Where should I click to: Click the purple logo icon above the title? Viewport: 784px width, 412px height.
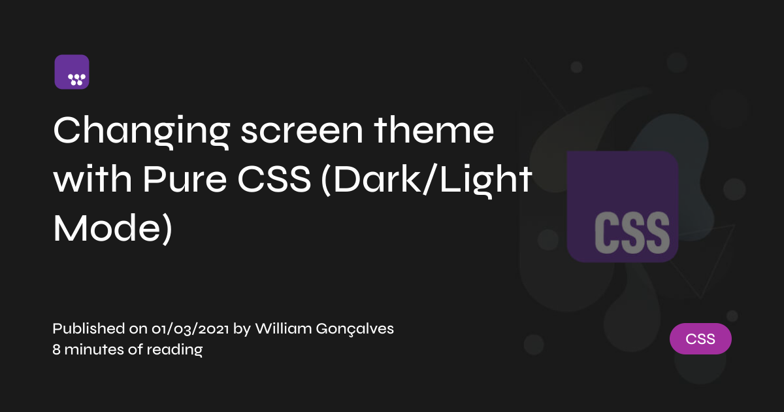pyautogui.click(x=72, y=72)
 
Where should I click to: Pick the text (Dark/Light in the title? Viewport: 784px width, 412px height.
pyautogui.click(x=427, y=181)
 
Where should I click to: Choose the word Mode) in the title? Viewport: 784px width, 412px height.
pyautogui.click(x=112, y=229)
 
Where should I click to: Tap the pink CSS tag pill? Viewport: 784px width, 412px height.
pyautogui.click(x=700, y=339)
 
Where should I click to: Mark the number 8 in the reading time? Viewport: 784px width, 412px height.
pyautogui.click(x=56, y=350)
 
